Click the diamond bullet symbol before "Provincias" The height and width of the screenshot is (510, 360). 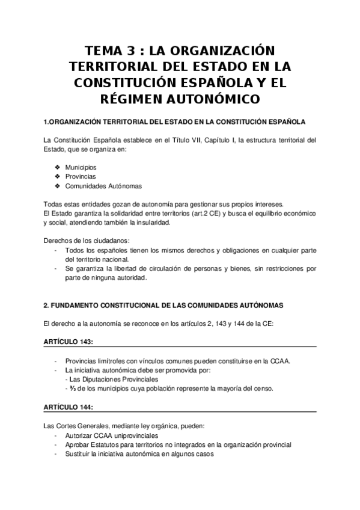click(57, 176)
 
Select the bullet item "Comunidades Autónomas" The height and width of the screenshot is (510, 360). click(95, 186)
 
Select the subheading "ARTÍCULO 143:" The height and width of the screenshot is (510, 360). click(68, 342)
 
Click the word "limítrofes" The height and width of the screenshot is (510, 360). click(111, 361)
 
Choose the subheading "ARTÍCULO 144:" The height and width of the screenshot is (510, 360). click(68, 407)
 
